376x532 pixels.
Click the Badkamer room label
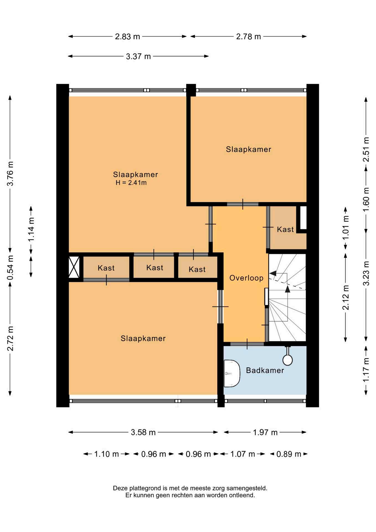(x=265, y=370)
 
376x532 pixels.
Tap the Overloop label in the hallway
(x=246, y=278)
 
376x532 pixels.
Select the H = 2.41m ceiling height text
(x=131, y=183)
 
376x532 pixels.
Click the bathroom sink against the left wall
(x=231, y=374)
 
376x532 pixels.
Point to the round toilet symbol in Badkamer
(x=288, y=360)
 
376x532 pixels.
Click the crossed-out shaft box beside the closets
(x=74, y=267)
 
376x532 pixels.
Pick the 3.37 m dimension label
(x=138, y=57)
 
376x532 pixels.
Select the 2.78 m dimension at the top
(x=248, y=37)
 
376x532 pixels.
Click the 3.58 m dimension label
(x=143, y=432)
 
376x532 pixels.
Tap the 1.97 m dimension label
(x=265, y=432)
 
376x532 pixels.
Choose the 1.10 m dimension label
(x=107, y=454)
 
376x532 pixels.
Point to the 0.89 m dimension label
(x=289, y=454)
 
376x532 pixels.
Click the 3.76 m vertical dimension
(x=10, y=174)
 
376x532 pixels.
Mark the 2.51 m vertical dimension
(x=366, y=150)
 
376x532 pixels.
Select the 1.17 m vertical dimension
(x=366, y=370)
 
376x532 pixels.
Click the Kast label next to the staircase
(x=285, y=229)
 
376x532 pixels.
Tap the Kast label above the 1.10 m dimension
(x=106, y=268)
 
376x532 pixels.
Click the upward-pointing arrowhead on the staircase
(x=288, y=289)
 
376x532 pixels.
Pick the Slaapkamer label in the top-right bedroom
(x=249, y=149)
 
